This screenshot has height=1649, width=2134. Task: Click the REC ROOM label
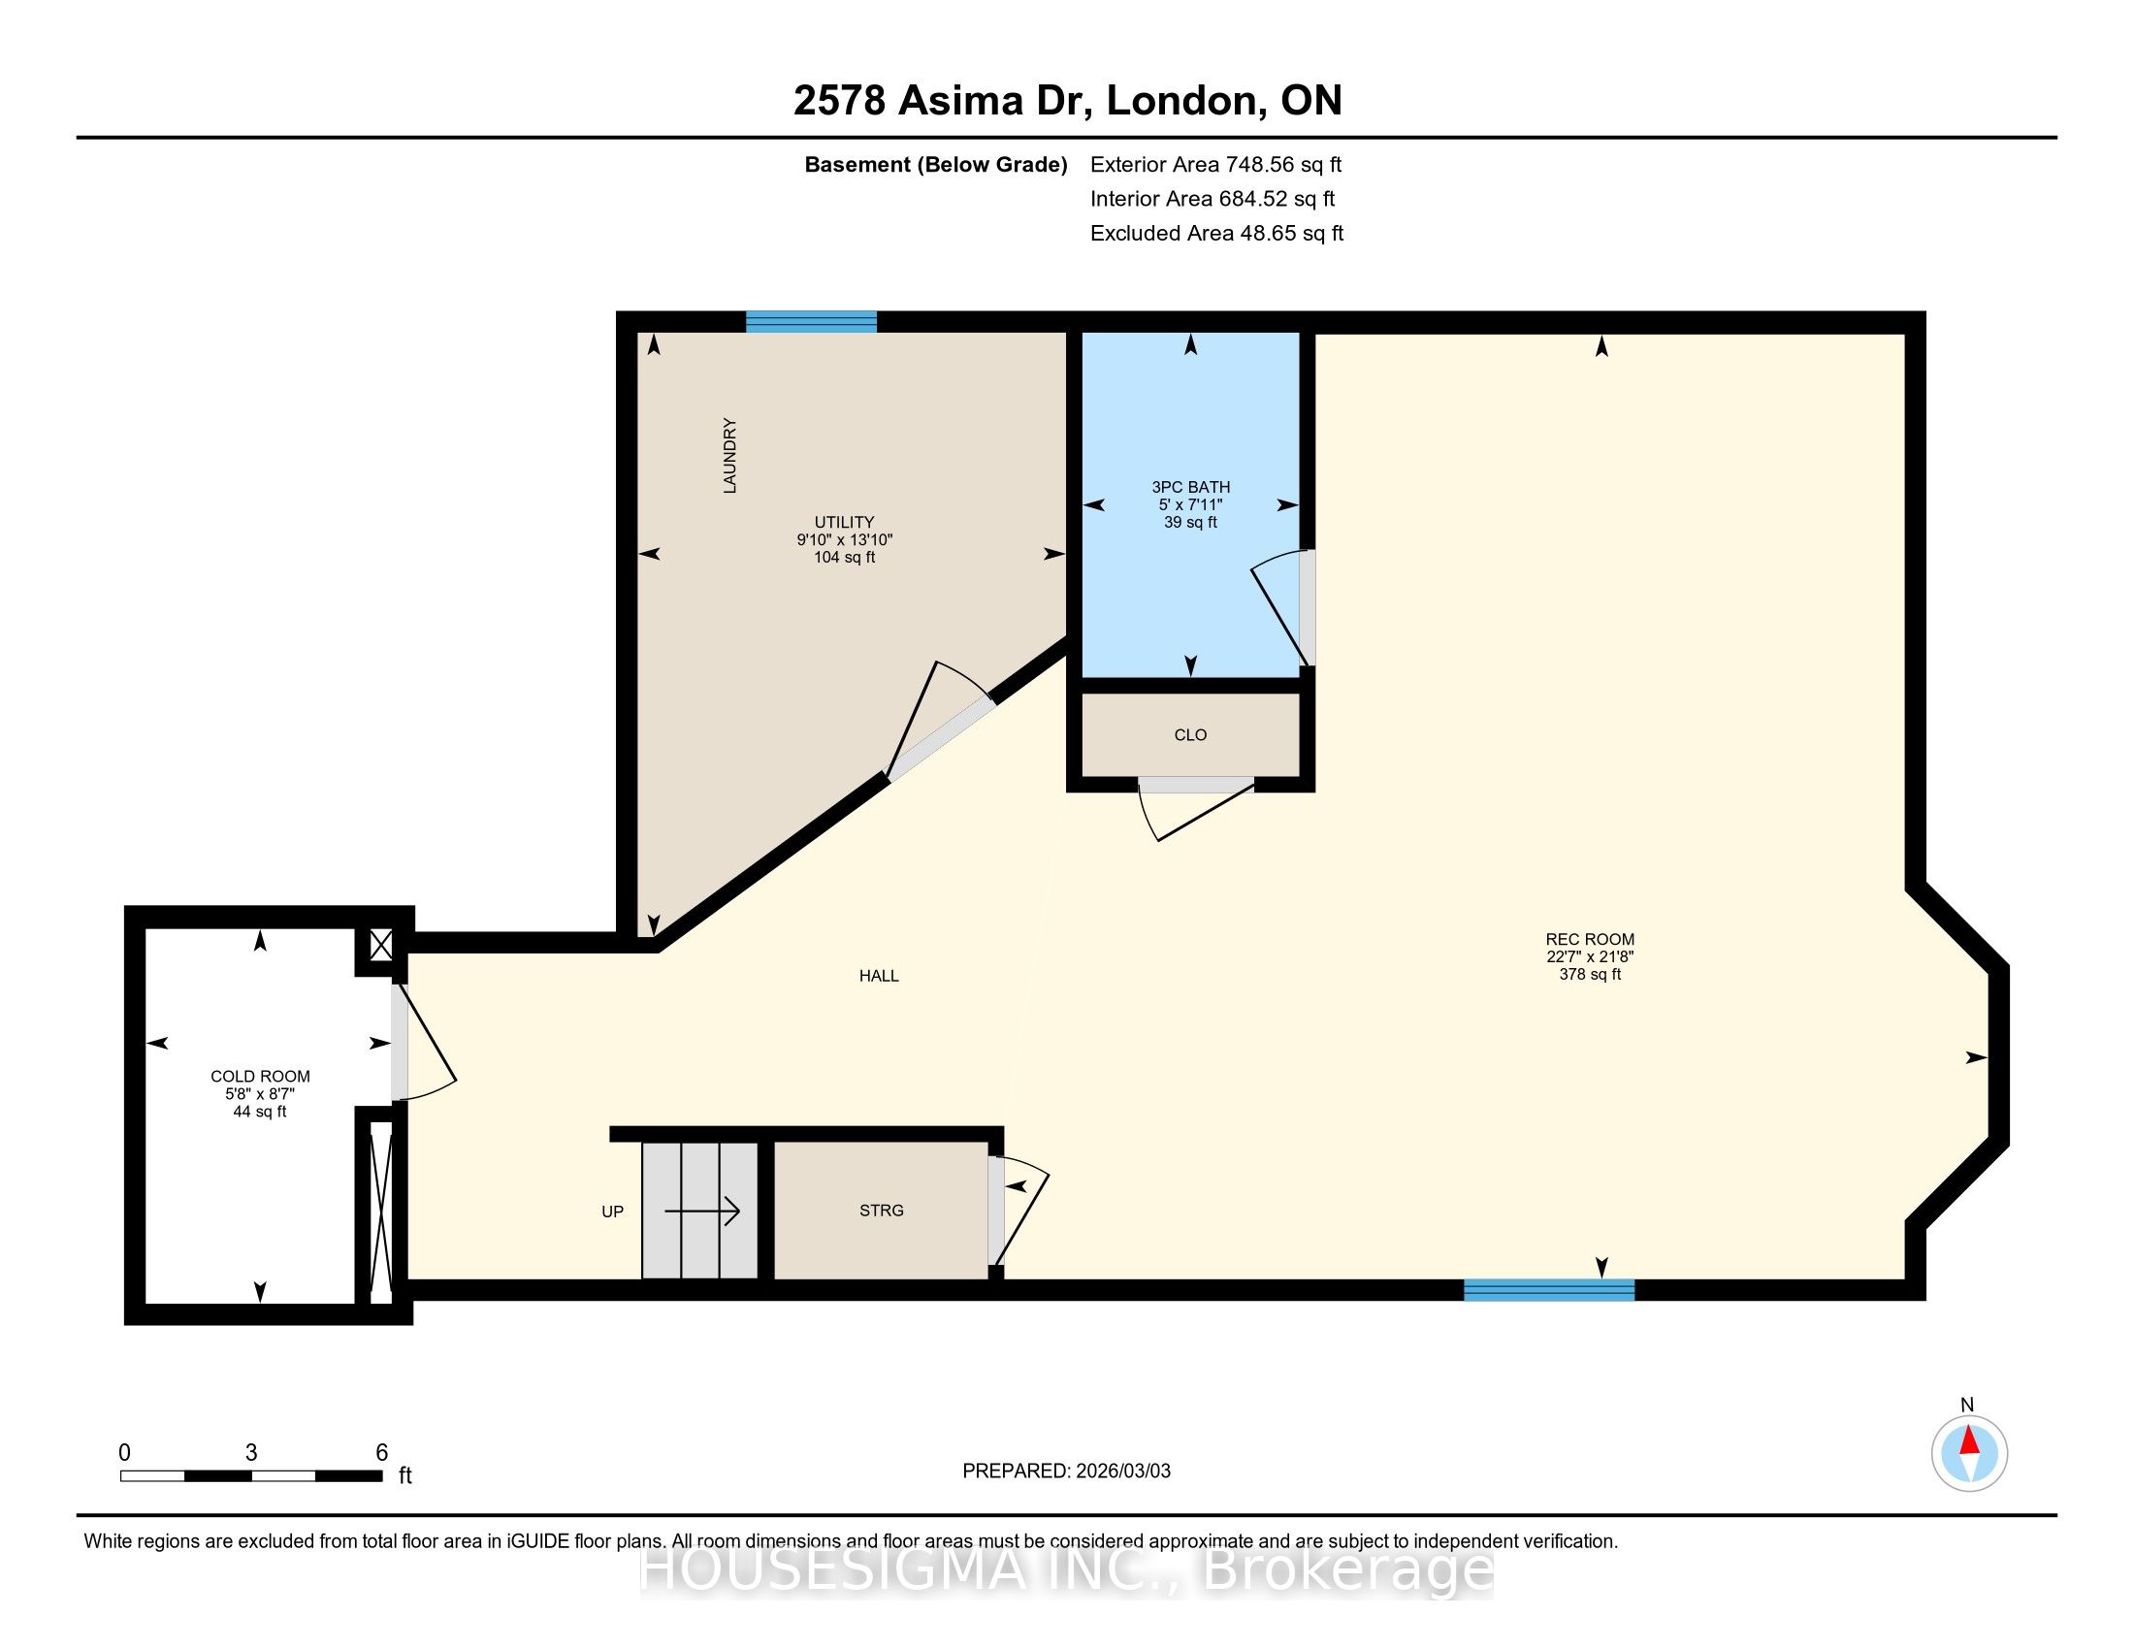[x=1590, y=940]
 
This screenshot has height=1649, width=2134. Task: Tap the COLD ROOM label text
[x=260, y=1077]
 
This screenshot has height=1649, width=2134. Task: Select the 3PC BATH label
[x=1190, y=488]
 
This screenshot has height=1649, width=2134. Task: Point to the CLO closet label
[x=1190, y=734]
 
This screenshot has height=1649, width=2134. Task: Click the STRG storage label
[x=882, y=1211]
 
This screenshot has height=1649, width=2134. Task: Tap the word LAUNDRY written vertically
[x=729, y=455]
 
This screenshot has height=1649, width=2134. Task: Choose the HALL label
[x=879, y=976]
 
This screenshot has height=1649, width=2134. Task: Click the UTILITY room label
[x=844, y=523]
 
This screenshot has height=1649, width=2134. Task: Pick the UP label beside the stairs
[x=613, y=1212]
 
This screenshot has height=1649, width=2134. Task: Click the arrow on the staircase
[x=701, y=1212]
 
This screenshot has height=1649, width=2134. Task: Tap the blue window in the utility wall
[x=811, y=321]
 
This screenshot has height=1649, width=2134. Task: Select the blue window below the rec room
[x=1549, y=1289]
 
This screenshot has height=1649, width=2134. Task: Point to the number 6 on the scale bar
[x=382, y=1453]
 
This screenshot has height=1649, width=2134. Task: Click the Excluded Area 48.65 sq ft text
[x=1216, y=234]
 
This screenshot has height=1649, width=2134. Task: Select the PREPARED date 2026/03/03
[x=1122, y=1471]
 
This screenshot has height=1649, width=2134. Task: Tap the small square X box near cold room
[x=381, y=945]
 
